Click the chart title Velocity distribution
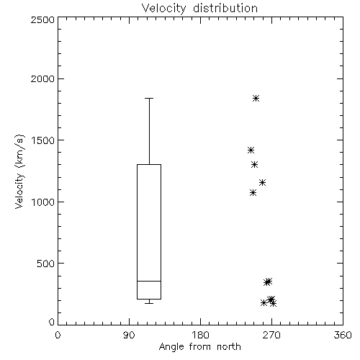coord(199,9)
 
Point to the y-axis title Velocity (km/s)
coord(19,171)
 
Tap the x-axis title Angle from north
coord(199,347)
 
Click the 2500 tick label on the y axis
coord(42,19)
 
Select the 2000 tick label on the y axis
coord(42,78)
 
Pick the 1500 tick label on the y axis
coord(43,140)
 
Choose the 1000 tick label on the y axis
coord(43,202)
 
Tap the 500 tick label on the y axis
coord(46,264)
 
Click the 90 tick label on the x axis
coord(129,335)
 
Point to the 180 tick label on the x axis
coord(200,335)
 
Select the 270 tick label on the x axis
coord(271,335)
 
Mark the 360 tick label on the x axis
coord(343,335)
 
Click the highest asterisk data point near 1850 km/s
coord(256,98)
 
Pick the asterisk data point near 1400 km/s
coord(251,150)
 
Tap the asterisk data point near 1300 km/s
coord(254,165)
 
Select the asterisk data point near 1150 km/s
coord(262,183)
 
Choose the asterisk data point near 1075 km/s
coord(253,192)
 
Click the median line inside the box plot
coord(149,281)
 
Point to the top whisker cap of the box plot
coord(149,98)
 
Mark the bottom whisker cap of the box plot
coord(149,303)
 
